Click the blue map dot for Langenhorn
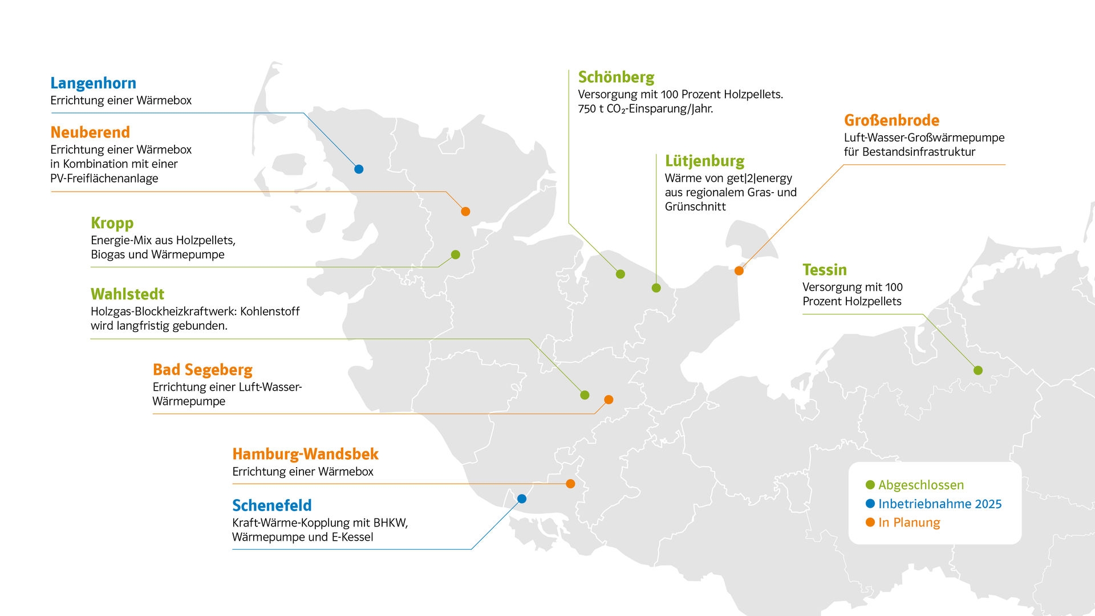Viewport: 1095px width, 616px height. coord(359,169)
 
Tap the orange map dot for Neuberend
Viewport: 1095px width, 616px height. coord(465,212)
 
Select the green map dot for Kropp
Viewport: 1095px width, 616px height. coord(455,254)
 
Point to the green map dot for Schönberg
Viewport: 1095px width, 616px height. coord(620,274)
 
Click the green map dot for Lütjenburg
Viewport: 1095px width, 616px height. coord(656,288)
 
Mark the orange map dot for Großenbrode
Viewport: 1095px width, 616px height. coord(739,271)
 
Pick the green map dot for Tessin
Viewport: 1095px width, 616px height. coord(978,370)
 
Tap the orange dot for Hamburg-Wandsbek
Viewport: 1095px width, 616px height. coord(570,484)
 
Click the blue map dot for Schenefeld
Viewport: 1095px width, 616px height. coord(522,499)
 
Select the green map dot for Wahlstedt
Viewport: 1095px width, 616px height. coord(585,395)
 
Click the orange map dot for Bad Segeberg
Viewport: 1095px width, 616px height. coord(609,400)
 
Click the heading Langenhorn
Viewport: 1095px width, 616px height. coord(94,83)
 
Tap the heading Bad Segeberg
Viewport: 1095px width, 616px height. coord(202,370)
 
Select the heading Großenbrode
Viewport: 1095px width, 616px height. coord(891,120)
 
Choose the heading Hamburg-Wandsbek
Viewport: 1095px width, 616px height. coord(305,454)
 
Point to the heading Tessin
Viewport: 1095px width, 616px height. coord(825,270)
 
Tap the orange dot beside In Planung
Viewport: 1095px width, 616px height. coord(870,522)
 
